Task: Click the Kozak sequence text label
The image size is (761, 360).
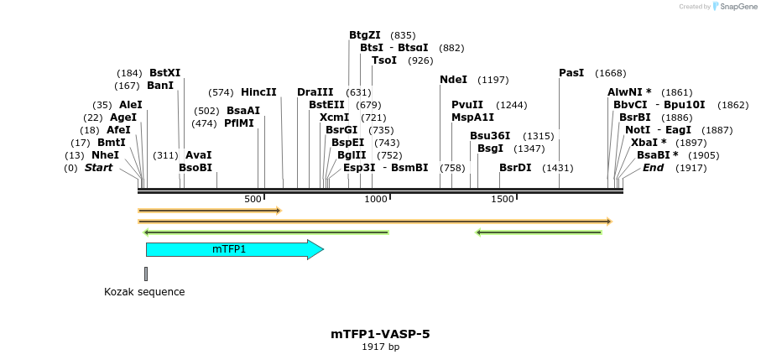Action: click(144, 292)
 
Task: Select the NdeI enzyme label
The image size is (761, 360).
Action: click(454, 80)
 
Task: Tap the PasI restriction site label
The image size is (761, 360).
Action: click(571, 73)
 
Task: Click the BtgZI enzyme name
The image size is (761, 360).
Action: click(365, 35)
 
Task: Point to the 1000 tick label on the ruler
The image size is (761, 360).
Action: click(375, 199)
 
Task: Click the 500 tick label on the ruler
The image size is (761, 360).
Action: click(253, 199)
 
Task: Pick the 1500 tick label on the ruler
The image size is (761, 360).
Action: click(502, 199)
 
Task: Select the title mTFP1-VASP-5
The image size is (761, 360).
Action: click(380, 334)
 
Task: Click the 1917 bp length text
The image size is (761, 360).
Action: click(380, 347)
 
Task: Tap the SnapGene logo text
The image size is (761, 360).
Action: click(735, 7)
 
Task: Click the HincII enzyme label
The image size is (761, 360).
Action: click(258, 92)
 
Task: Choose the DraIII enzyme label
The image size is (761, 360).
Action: click(315, 92)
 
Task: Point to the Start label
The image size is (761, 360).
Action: click(98, 168)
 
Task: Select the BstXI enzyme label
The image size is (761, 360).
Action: click(164, 73)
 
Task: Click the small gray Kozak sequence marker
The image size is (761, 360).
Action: click(146, 274)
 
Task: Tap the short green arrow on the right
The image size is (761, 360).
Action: click(539, 232)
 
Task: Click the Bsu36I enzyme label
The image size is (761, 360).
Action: click(489, 136)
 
